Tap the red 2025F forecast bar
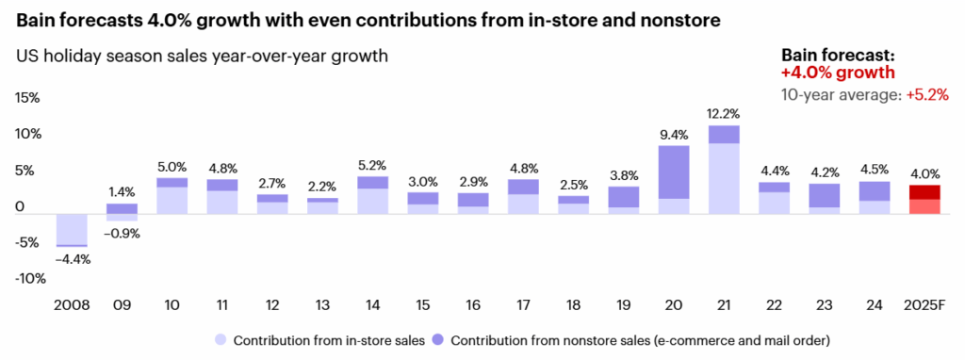(924, 199)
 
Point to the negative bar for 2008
(72, 230)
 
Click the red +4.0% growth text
(838, 73)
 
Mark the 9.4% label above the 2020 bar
(674, 134)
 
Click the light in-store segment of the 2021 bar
(724, 178)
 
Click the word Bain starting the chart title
(39, 19)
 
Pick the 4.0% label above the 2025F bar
(924, 173)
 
